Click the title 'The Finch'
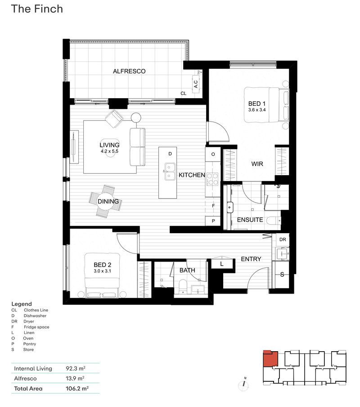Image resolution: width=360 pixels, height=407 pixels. pyautogui.click(x=37, y=9)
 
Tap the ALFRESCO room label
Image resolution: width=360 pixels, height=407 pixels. pyautogui.click(x=129, y=71)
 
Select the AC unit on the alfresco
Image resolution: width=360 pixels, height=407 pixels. pyautogui.click(x=196, y=84)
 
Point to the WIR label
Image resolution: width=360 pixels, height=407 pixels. pyautogui.click(x=257, y=164)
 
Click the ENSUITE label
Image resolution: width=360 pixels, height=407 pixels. pyautogui.click(x=250, y=220)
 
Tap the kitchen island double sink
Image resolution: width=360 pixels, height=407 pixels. pyautogui.click(x=170, y=172)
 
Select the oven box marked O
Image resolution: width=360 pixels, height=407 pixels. pyautogui.click(x=213, y=154)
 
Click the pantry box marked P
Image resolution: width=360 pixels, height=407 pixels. pyautogui.click(x=213, y=221)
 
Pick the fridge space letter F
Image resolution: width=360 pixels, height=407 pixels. pyautogui.click(x=213, y=206)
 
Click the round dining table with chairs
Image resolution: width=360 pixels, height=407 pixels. pyautogui.click(x=108, y=201)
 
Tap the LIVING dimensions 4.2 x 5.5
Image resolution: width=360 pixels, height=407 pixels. pyautogui.click(x=109, y=152)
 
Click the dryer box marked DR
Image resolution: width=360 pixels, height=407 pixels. pyautogui.click(x=283, y=240)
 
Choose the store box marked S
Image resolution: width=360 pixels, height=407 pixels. pyautogui.click(x=282, y=275)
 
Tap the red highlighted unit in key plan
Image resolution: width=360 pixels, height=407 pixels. pyautogui.click(x=270, y=360)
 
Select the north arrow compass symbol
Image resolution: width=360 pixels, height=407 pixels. pyautogui.click(x=244, y=384)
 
